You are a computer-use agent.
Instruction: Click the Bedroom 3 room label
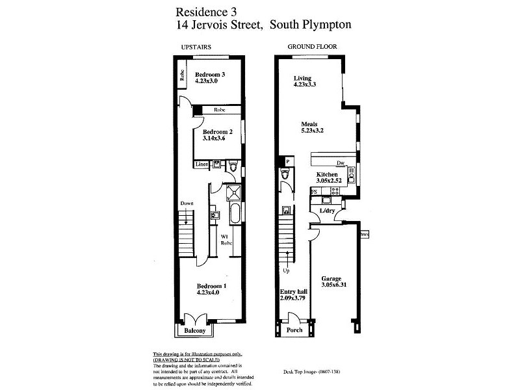click(x=209, y=75)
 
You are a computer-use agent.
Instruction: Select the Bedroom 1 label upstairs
click(x=211, y=286)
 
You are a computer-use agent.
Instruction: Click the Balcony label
click(x=194, y=331)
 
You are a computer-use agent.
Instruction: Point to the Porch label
click(x=294, y=330)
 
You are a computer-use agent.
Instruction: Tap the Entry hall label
click(x=293, y=292)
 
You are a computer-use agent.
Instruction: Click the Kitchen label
click(x=327, y=175)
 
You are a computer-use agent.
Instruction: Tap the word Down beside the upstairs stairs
click(x=187, y=203)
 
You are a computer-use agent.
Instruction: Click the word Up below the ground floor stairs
click(x=286, y=270)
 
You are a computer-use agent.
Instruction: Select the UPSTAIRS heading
click(x=196, y=46)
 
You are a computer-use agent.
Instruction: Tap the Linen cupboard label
click(x=202, y=165)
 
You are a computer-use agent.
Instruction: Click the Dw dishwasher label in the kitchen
click(x=339, y=163)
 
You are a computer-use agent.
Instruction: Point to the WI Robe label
click(x=226, y=240)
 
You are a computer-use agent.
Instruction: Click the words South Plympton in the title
click(x=315, y=25)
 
